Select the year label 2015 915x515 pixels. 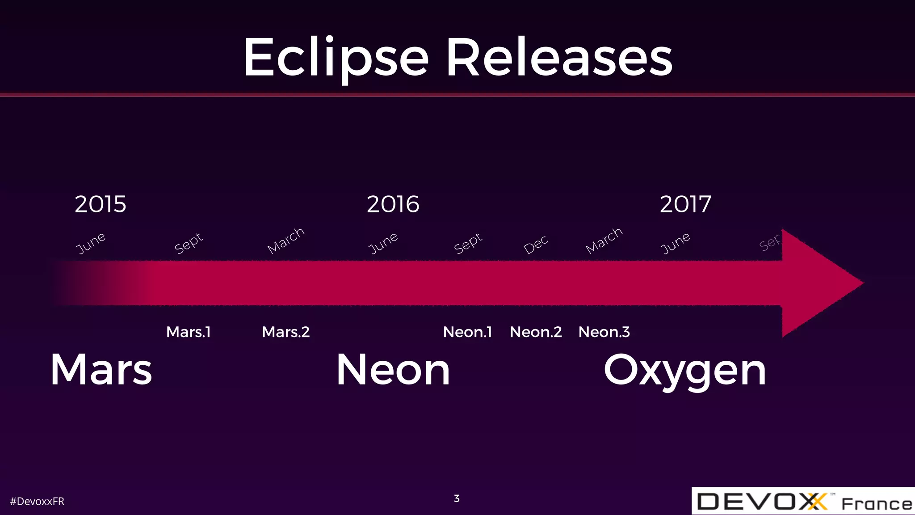click(101, 204)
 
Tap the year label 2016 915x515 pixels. click(393, 204)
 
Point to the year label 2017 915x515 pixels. click(685, 204)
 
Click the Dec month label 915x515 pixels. click(536, 245)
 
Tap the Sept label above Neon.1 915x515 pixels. click(468, 243)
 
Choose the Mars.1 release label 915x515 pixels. click(188, 332)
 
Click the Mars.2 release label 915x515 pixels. click(286, 332)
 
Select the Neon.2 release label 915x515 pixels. click(536, 332)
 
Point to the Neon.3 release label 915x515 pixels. click(604, 332)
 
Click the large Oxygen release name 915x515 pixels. click(685, 371)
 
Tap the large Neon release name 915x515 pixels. click(393, 370)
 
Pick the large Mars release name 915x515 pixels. click(101, 370)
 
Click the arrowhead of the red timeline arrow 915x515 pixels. click(818, 283)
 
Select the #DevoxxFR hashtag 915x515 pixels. click(37, 502)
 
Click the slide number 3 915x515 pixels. click(457, 498)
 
